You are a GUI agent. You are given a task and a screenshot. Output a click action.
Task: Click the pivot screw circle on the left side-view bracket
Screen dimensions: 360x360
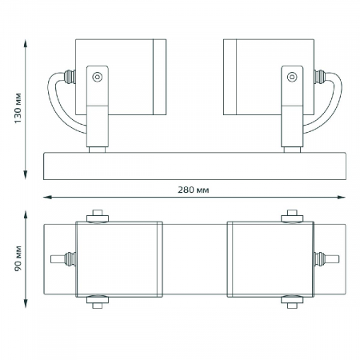96,78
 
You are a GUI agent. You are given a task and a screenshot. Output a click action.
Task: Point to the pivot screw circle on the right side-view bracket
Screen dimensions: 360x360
290,78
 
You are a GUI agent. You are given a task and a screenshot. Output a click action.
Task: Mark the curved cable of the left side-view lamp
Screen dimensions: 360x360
60,104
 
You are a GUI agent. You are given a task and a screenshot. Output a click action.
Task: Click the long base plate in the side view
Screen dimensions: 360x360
195,165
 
